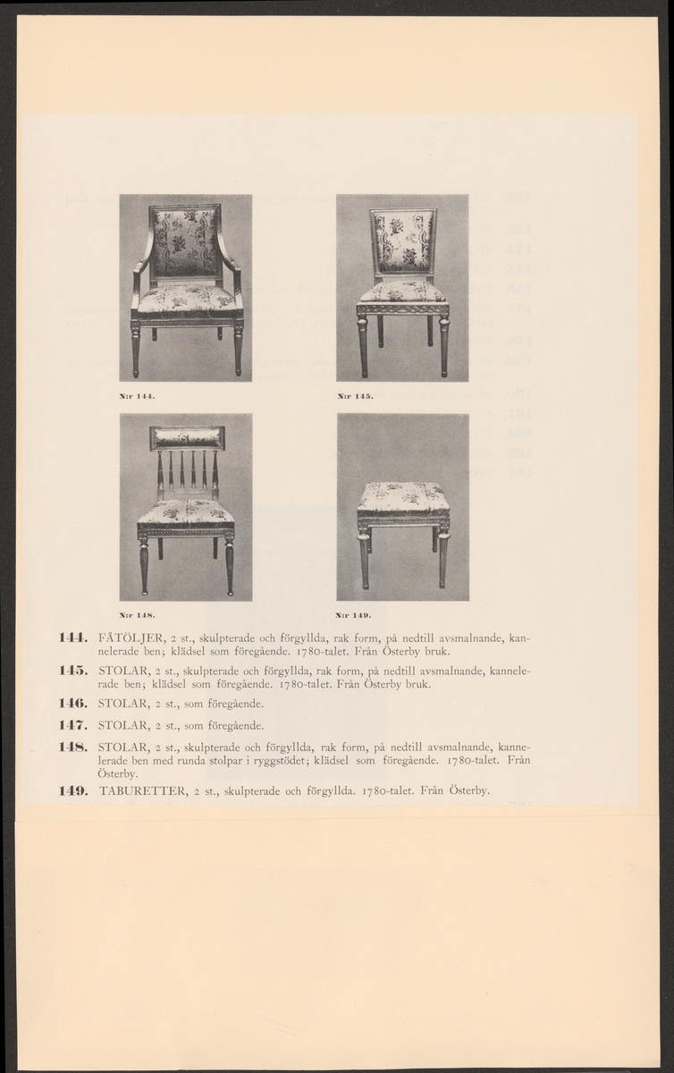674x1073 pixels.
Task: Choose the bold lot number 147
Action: [x=71, y=725]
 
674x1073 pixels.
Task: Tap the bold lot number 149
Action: [x=71, y=790]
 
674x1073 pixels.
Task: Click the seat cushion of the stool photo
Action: [x=403, y=495]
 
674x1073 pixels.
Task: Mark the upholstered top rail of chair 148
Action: [x=187, y=438]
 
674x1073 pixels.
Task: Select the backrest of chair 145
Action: [x=403, y=241]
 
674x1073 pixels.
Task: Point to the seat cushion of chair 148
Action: [x=186, y=512]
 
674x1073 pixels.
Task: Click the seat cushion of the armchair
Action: [x=186, y=299]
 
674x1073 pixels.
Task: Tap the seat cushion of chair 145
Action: [x=402, y=292]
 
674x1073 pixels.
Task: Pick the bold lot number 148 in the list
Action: [x=71, y=746]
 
